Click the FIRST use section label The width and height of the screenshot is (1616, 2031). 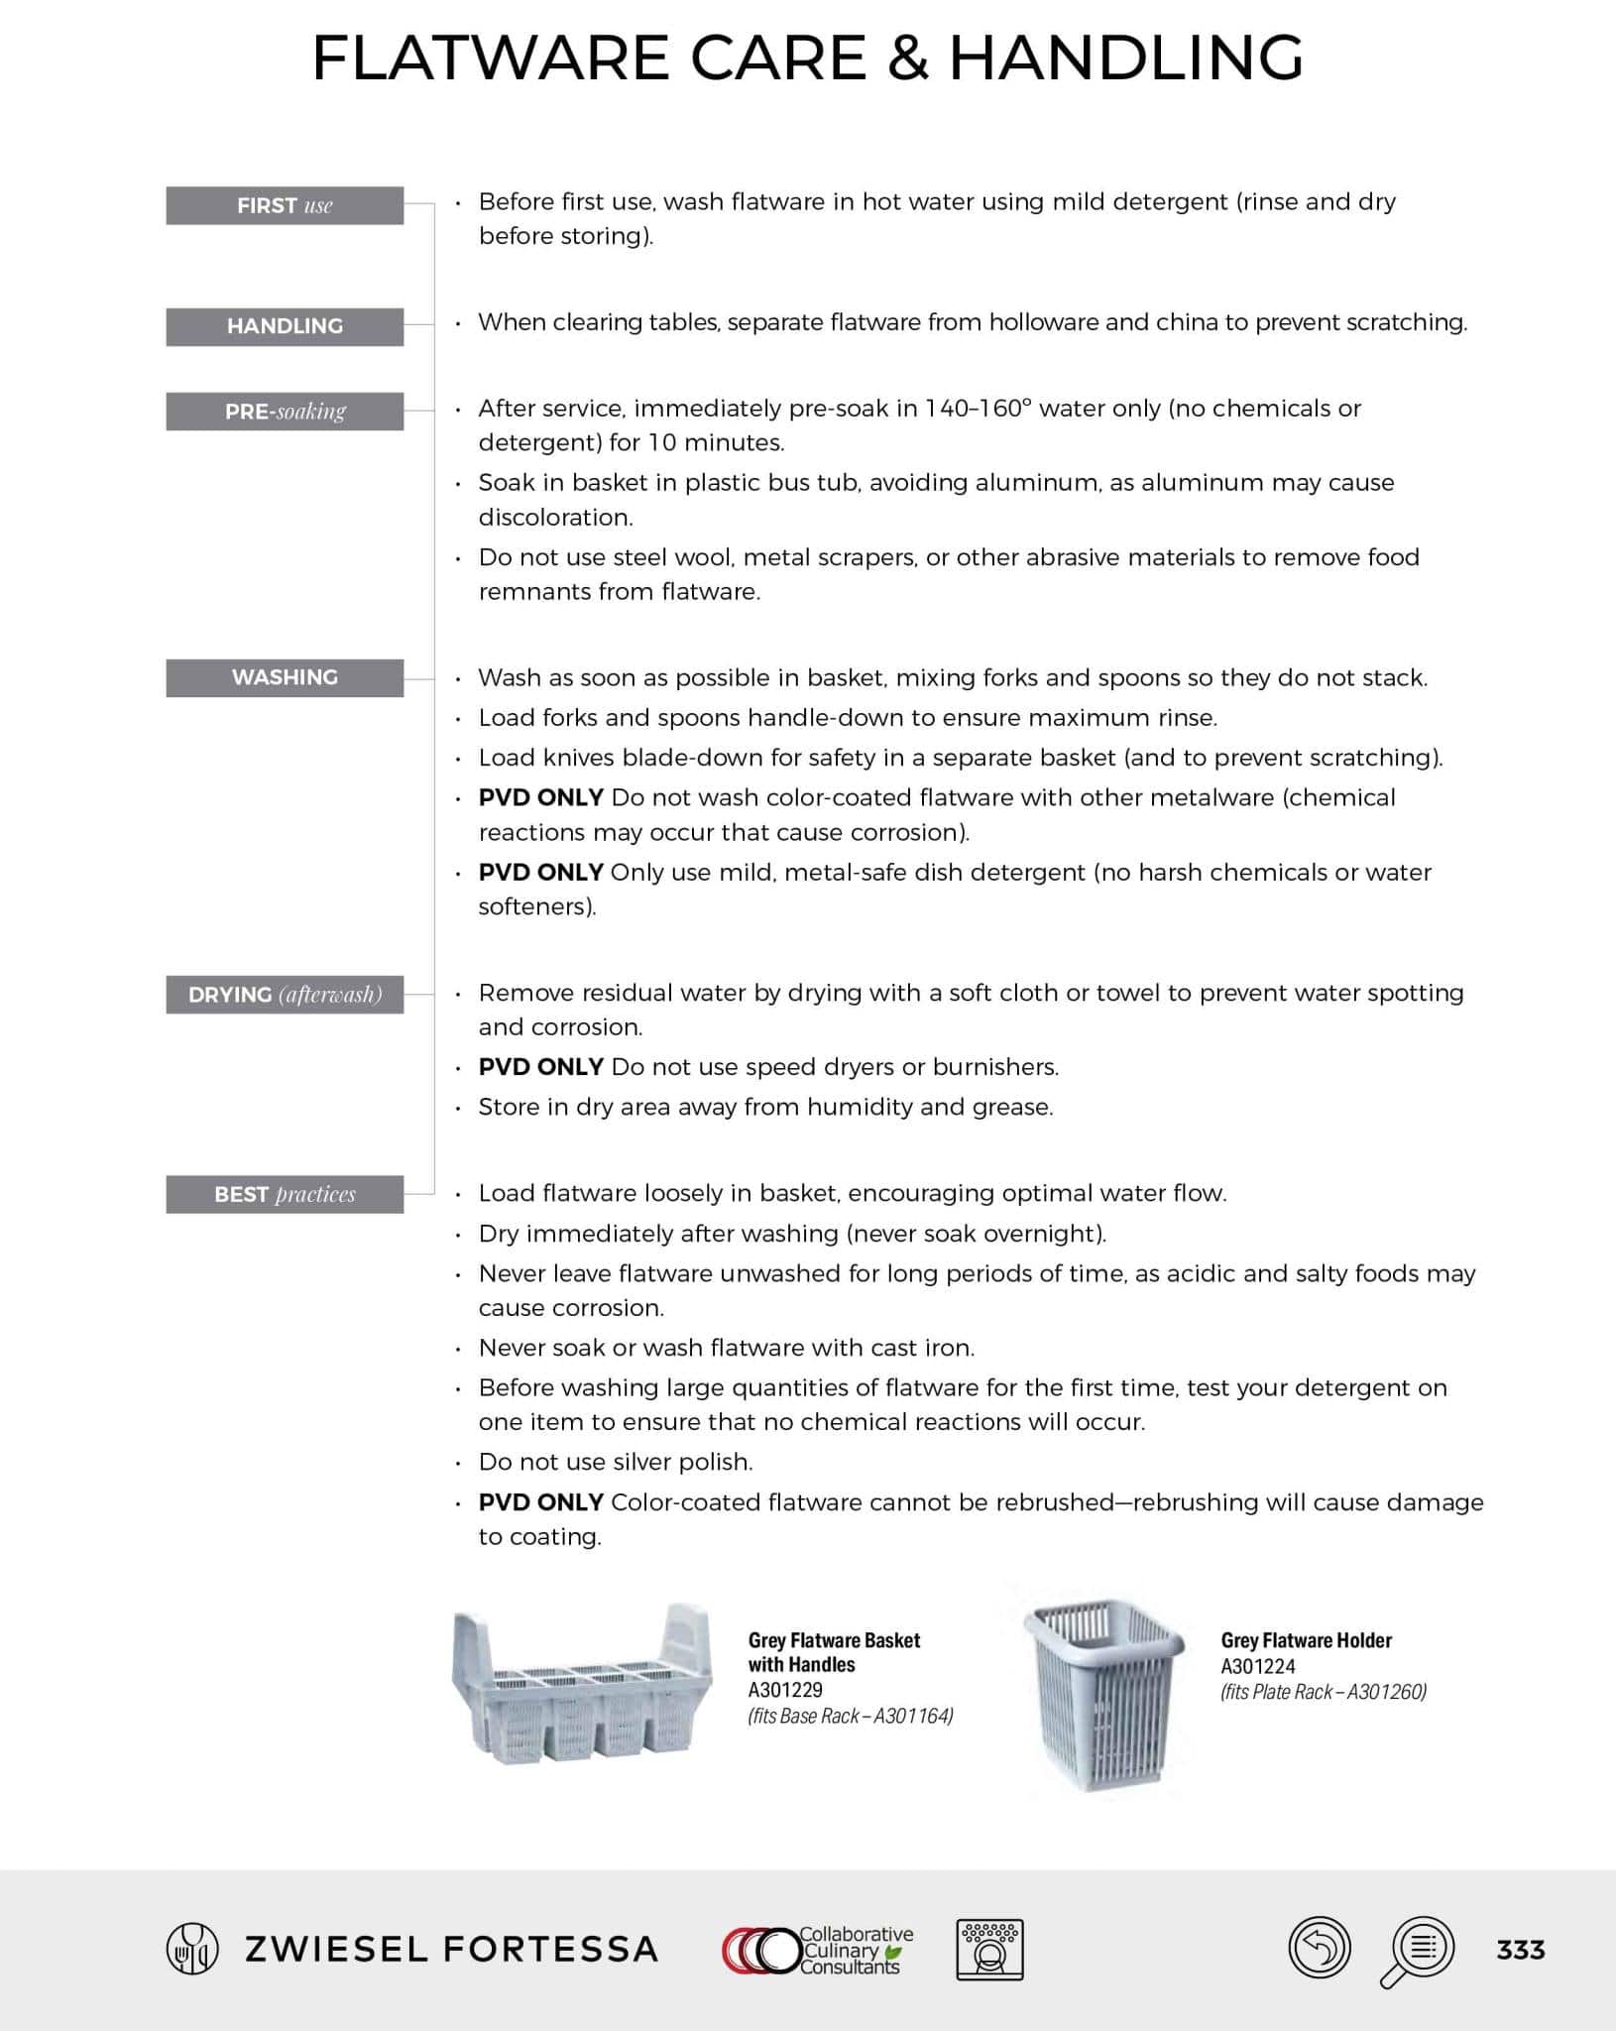(285, 205)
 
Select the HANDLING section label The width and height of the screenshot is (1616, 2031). (285, 326)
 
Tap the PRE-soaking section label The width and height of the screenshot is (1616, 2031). (285, 412)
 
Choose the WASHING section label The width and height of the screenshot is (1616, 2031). (285, 677)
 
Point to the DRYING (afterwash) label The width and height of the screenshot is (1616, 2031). (285, 995)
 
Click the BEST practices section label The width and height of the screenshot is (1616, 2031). (285, 1194)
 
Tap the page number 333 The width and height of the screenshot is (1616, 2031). (1520, 1950)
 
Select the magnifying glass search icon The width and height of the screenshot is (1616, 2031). (1420, 1950)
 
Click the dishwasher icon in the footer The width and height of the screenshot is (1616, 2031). (989, 1950)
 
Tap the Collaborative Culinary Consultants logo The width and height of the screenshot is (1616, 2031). (819, 1950)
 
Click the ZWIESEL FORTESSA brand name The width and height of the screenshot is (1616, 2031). (451, 1950)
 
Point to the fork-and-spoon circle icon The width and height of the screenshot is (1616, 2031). (191, 1949)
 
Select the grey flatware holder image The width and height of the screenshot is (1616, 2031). (1104, 1686)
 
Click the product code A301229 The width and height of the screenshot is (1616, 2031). (785, 1690)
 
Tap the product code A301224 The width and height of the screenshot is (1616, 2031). (1257, 1666)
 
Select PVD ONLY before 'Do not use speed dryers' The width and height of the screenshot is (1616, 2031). (540, 1067)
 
